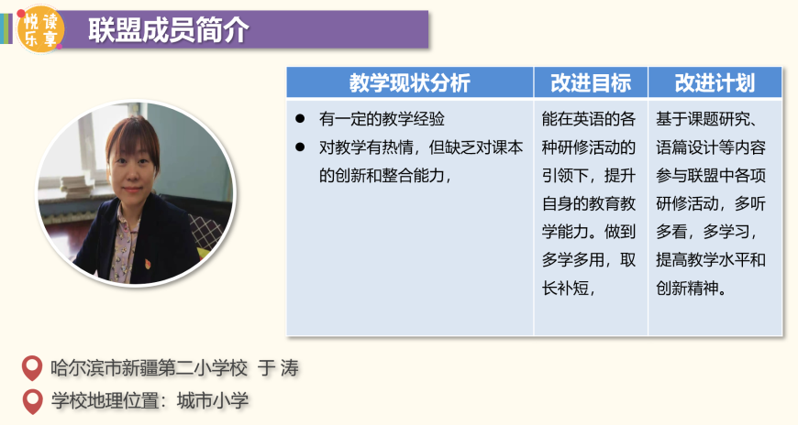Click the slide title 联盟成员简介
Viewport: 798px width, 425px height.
[168, 30]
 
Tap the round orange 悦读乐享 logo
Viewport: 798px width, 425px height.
[40, 29]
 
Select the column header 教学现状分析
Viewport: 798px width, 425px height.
[410, 82]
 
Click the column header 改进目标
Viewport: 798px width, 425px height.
[591, 82]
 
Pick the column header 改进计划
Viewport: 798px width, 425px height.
[715, 82]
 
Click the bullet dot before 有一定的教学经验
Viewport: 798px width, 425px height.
[300, 119]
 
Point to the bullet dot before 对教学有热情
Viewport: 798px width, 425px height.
[300, 147]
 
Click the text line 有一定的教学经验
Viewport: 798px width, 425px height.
[382, 119]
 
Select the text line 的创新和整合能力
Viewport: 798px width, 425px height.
[385, 175]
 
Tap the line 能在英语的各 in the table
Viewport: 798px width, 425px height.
[588, 119]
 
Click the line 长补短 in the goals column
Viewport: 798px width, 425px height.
[569, 289]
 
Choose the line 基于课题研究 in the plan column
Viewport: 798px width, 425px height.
[707, 119]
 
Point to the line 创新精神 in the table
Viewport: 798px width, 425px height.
[691, 289]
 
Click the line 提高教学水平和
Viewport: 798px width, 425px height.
[711, 260]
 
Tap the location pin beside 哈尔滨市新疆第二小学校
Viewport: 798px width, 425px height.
[32, 367]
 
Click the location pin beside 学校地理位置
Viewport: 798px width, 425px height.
[33, 401]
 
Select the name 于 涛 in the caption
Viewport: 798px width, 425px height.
[278, 368]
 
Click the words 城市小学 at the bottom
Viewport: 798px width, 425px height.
[212, 401]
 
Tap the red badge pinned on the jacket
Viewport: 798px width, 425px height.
[148, 264]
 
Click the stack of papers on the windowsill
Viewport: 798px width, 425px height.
[75, 186]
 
